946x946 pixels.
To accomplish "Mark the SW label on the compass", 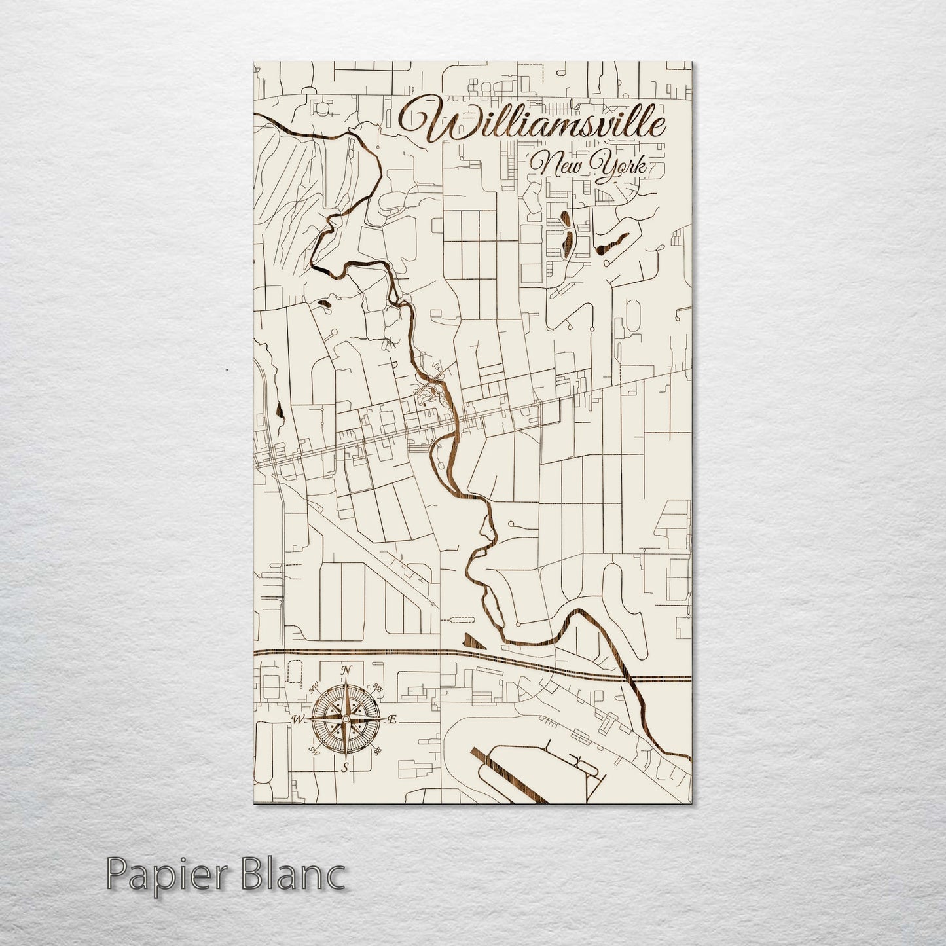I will coord(312,751).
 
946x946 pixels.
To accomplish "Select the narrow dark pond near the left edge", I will coord(280,411).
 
